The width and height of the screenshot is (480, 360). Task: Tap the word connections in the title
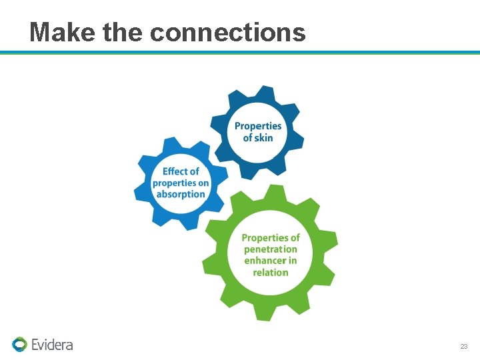(x=228, y=31)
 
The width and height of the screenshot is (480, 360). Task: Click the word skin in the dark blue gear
(x=264, y=137)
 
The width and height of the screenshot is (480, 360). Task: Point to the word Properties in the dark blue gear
(x=258, y=126)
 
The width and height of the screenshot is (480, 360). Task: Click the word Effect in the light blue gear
(x=181, y=171)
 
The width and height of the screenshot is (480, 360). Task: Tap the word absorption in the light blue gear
(x=181, y=194)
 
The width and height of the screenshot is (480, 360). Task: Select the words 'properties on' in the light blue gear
(x=181, y=183)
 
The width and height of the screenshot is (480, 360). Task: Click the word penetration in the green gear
(x=271, y=249)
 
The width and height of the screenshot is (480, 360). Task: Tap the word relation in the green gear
(x=271, y=272)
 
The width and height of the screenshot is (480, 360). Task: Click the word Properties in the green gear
(x=271, y=238)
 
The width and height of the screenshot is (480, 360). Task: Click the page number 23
(x=464, y=347)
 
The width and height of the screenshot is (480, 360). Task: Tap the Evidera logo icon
(x=19, y=344)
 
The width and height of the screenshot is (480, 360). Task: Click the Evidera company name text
(x=52, y=345)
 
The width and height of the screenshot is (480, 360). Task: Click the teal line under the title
(x=240, y=52)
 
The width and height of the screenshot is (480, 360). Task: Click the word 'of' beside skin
(x=248, y=137)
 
